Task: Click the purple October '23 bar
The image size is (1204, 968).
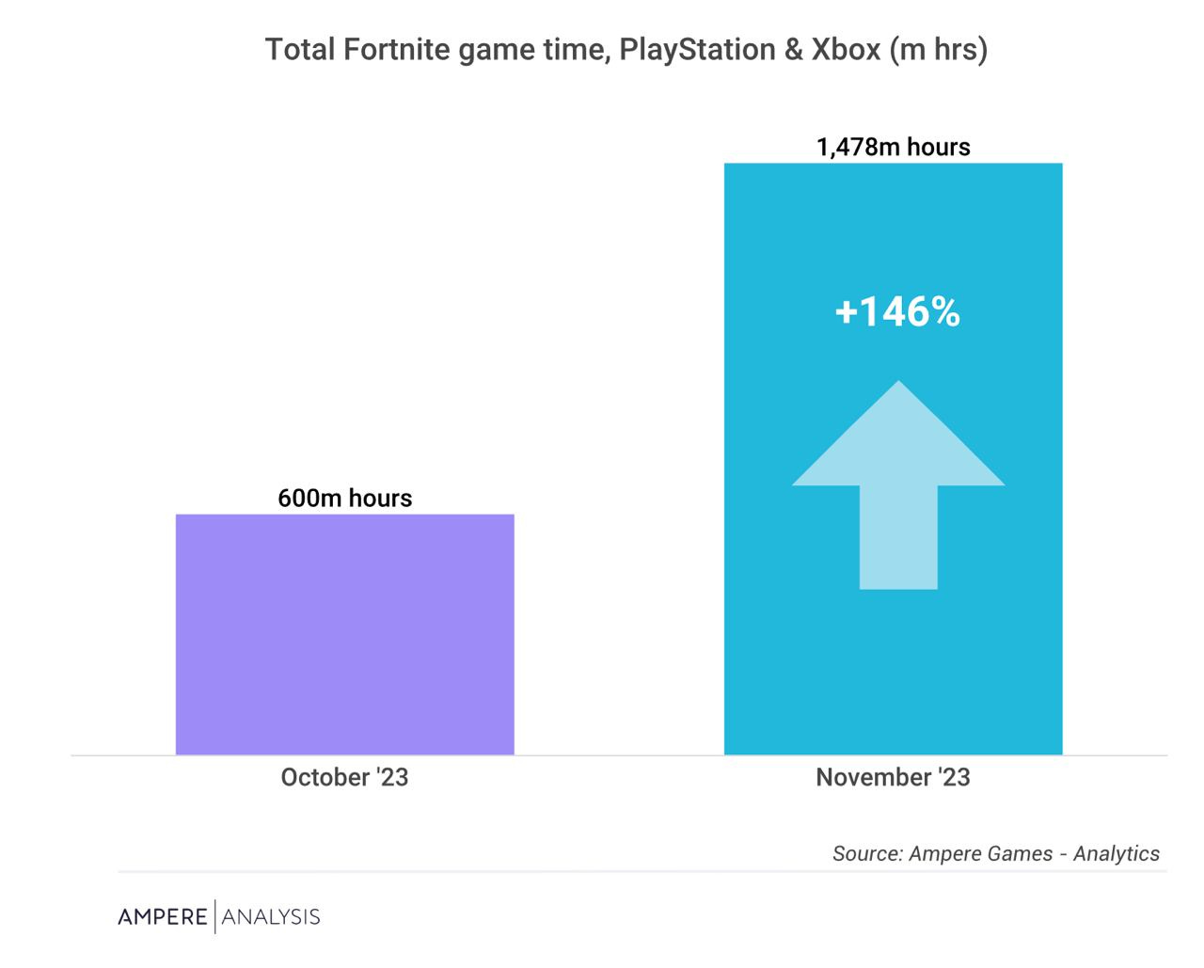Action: click(x=344, y=634)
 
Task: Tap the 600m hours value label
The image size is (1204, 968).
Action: click(x=344, y=498)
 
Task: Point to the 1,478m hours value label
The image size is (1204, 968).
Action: click(x=893, y=147)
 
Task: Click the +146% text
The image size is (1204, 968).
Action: click(x=897, y=311)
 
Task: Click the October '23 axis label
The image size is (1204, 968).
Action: click(x=344, y=778)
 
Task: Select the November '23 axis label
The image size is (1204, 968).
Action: click(x=893, y=778)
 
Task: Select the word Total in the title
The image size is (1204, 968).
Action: click(x=299, y=49)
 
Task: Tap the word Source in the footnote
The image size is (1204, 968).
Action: click(x=865, y=854)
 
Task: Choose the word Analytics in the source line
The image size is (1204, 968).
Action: click(x=1117, y=854)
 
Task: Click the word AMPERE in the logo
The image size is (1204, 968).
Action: click(x=162, y=917)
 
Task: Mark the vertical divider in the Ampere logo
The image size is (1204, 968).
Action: click(x=215, y=916)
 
